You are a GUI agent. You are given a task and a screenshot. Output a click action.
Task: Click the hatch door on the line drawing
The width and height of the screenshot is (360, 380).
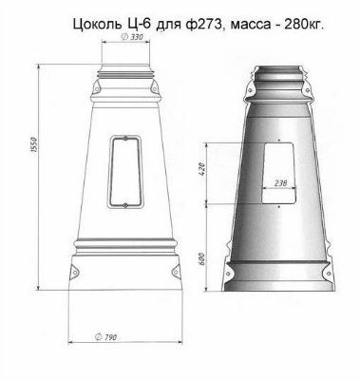(x=121, y=171)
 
